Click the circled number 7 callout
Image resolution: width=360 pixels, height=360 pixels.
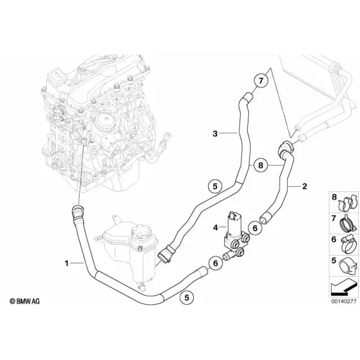[260, 81]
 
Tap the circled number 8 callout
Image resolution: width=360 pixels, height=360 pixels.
[260, 165]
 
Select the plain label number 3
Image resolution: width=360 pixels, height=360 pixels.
[215, 133]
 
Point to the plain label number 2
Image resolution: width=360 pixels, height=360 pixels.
[304, 186]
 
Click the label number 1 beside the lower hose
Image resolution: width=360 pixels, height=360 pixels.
[67, 263]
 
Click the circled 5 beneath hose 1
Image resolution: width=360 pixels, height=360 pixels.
[187, 298]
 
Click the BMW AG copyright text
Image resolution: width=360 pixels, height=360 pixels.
[25, 301]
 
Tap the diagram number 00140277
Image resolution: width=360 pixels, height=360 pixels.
[344, 301]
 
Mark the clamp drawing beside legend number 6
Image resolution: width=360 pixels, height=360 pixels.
[348, 245]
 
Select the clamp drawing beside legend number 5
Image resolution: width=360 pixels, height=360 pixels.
[348, 266]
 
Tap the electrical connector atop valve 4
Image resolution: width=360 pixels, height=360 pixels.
[233, 216]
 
